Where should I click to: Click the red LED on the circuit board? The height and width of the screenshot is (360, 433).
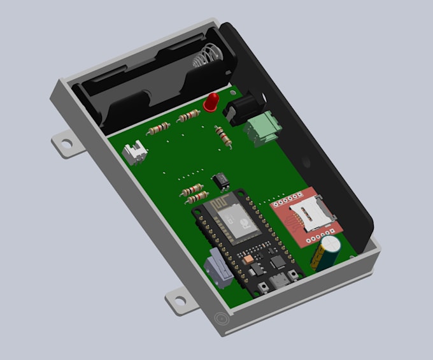point(211,101)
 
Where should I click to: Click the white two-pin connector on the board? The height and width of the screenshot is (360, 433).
point(135,153)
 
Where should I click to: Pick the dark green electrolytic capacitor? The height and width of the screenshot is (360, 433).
point(328,251)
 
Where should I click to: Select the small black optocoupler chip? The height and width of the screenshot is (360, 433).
point(221,180)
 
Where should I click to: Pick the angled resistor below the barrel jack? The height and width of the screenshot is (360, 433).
point(222,136)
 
